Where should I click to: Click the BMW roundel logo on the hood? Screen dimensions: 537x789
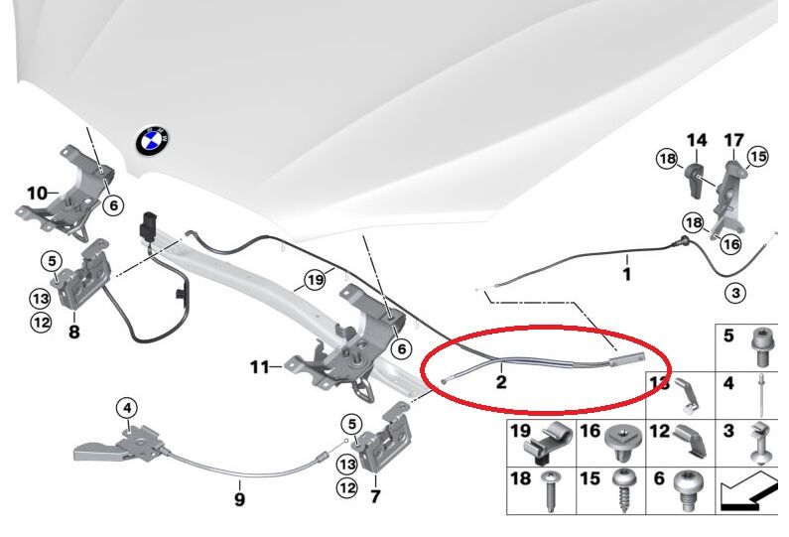(x=154, y=141)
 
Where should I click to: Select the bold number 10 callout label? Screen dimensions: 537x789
(x=37, y=193)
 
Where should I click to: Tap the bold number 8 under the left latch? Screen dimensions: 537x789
(x=73, y=333)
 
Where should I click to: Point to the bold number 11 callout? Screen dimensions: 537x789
(x=260, y=367)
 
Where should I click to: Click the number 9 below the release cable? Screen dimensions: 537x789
(x=239, y=499)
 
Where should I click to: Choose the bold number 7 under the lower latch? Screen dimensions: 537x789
(x=374, y=494)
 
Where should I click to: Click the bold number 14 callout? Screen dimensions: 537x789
(x=697, y=141)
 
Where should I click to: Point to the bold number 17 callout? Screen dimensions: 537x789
(x=733, y=141)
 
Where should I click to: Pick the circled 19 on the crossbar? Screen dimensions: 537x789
(x=315, y=280)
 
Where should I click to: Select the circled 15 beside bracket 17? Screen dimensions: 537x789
(x=758, y=157)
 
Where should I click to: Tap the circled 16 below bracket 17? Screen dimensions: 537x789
(x=731, y=244)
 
